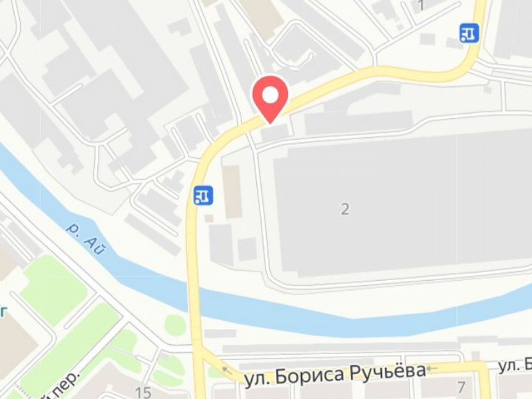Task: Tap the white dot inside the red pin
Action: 270,94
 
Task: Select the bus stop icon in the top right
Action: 469,33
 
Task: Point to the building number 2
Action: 345,209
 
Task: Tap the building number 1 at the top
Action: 422,6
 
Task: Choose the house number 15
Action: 143,392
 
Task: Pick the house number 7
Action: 461,387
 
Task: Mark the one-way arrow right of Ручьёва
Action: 432,369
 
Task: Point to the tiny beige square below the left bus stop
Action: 209,218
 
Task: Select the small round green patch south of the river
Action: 175,325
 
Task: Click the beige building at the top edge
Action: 262,15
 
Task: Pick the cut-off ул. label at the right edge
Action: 514,366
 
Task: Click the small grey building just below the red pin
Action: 275,132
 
